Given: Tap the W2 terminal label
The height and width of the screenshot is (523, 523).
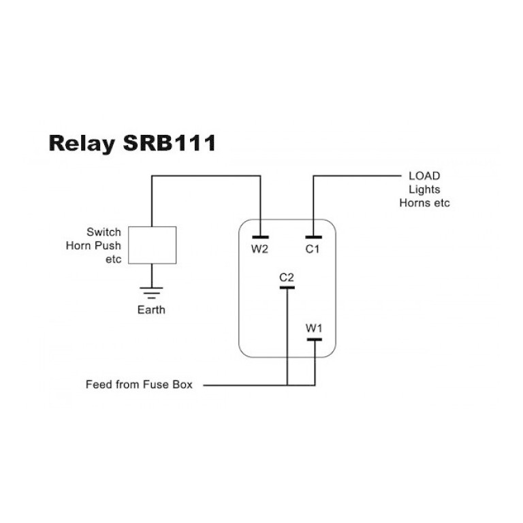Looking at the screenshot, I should [x=260, y=249].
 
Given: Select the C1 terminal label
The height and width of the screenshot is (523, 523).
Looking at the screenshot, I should [x=313, y=249].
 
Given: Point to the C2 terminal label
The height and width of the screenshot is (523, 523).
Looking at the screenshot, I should [x=287, y=277].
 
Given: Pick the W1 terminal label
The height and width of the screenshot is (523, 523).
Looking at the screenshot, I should [x=314, y=328].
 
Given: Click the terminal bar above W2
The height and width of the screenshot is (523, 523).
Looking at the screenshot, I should [x=260, y=238].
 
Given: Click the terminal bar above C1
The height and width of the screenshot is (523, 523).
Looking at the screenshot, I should [x=313, y=238].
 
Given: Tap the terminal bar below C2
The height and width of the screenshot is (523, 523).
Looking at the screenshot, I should [x=287, y=287].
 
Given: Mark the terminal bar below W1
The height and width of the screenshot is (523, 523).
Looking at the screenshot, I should [x=314, y=338].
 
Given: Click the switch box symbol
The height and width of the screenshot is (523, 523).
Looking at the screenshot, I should [x=152, y=245].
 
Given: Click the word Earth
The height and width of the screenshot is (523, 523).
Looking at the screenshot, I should [x=151, y=310].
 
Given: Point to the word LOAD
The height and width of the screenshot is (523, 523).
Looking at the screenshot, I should [x=424, y=176].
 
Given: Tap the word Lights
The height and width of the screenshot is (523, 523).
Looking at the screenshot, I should [x=424, y=189].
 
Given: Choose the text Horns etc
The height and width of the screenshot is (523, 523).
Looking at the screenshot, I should [x=424, y=203].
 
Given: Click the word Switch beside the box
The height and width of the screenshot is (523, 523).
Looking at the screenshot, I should [x=104, y=232].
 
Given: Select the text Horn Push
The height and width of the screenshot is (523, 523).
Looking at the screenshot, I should [x=93, y=245].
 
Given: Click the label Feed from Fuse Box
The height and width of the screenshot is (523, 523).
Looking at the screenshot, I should [x=139, y=385].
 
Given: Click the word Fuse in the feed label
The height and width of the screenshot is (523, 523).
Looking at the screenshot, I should [x=155, y=385].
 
